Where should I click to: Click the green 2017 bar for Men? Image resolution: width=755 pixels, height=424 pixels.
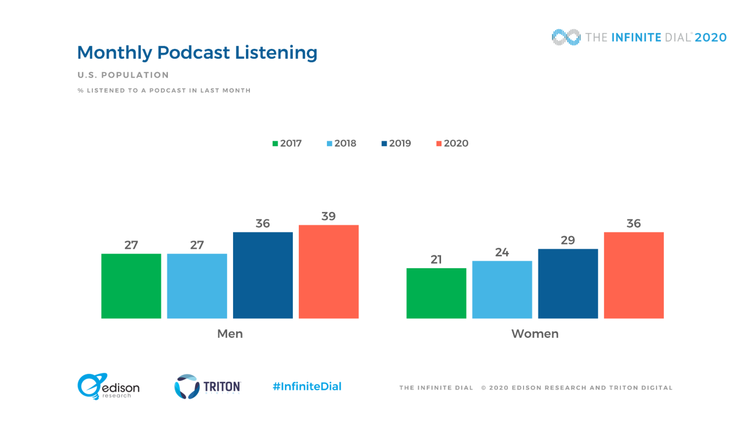[131, 286]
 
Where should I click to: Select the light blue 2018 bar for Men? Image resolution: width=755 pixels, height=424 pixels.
[197, 286]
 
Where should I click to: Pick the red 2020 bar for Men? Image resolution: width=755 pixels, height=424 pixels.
[328, 272]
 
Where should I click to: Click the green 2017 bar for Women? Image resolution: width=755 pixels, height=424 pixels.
[436, 293]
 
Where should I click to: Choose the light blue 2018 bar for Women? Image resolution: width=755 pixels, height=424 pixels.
[502, 290]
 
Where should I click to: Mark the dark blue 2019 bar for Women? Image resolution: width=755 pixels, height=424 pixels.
[568, 284]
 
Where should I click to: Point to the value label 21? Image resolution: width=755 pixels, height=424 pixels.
[436, 259]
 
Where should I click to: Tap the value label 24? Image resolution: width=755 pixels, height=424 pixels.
[502, 252]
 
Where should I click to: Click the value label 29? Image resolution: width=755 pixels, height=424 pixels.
[568, 240]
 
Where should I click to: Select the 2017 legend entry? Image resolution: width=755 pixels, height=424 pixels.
[287, 143]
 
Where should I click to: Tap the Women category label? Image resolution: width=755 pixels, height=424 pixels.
[535, 334]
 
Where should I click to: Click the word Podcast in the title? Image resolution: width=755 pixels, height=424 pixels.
[193, 53]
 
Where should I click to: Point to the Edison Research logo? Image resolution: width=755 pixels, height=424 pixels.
[108, 386]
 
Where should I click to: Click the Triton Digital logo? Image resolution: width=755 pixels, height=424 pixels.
[207, 386]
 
